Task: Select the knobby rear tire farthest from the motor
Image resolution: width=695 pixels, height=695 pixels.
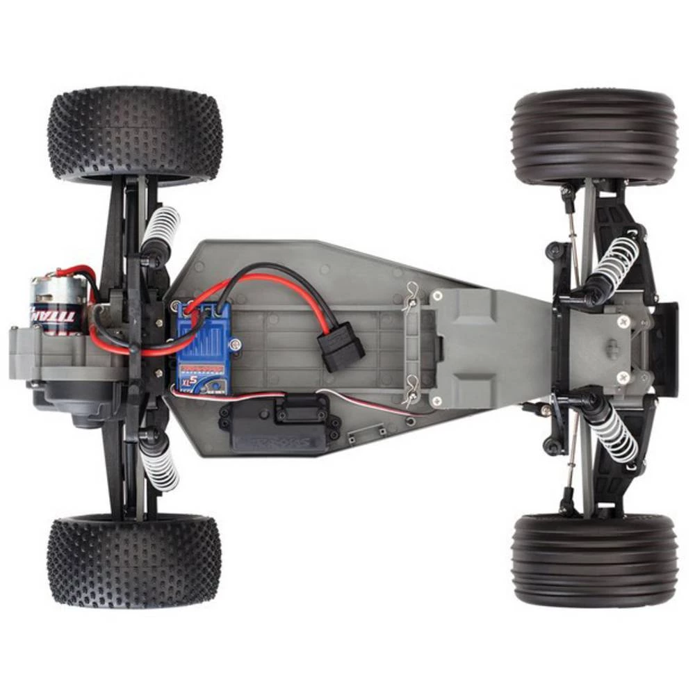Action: (x=134, y=560)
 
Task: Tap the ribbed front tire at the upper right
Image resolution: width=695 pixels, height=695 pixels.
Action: (x=594, y=136)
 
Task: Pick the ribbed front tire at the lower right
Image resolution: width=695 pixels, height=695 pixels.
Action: (x=594, y=560)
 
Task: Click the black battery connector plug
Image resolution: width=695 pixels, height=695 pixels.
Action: (x=341, y=350)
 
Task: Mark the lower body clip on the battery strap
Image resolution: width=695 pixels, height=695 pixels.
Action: (x=412, y=390)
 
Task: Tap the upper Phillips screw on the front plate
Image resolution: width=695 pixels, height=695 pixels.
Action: (x=623, y=321)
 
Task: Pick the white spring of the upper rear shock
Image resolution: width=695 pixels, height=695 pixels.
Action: (x=161, y=229)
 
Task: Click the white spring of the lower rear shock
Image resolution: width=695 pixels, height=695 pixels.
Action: (x=159, y=467)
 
